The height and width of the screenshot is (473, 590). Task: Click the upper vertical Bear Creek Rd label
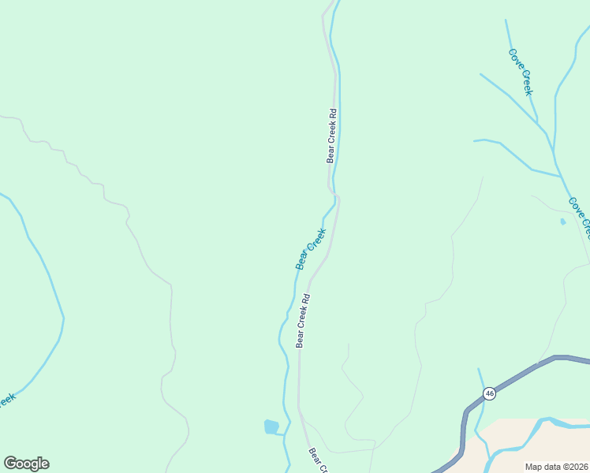pyautogui.click(x=332, y=136)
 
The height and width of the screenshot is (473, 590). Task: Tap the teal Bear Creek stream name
pyautogui.click(x=311, y=249)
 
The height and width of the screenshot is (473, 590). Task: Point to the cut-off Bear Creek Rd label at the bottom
pyautogui.click(x=318, y=461)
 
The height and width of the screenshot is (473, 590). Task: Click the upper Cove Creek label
pyautogui.click(x=521, y=72)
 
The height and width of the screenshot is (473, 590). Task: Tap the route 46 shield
pyautogui.click(x=489, y=393)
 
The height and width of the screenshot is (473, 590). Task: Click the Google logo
pyautogui.click(x=26, y=464)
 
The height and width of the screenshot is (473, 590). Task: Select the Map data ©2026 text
pyautogui.click(x=556, y=467)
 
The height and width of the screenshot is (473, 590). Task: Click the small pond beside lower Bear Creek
pyautogui.click(x=271, y=426)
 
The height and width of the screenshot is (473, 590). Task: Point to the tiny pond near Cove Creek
pyautogui.click(x=562, y=222)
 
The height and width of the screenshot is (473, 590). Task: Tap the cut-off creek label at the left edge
pyautogui.click(x=6, y=400)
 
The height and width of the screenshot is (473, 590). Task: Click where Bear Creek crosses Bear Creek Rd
pyautogui.click(x=334, y=194)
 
